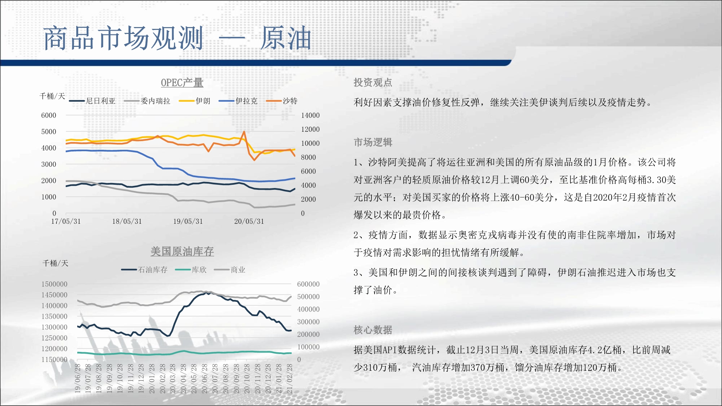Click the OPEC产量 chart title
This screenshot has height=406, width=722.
click(182, 83)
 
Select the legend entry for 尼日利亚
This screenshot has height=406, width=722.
click(92, 101)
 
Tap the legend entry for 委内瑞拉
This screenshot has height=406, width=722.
click(147, 101)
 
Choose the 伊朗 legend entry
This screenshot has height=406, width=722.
click(195, 101)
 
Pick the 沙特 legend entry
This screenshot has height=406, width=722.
click(282, 101)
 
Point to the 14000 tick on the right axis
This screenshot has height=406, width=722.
click(310, 115)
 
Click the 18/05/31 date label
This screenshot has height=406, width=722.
click(127, 221)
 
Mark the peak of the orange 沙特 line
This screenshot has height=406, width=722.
click(244, 132)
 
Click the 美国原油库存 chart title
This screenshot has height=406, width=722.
click(182, 252)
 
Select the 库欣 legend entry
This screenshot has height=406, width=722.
click(191, 270)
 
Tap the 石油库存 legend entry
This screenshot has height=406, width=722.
click(144, 270)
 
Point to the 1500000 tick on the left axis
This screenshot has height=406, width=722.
click(55, 284)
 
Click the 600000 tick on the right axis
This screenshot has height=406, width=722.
click(308, 284)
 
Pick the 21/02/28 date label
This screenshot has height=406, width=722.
click(290, 378)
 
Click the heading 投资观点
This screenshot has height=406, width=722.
click(373, 83)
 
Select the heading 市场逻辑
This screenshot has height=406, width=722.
click(373, 142)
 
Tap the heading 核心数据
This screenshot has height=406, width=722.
click(373, 330)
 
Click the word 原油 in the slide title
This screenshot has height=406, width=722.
click(286, 38)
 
